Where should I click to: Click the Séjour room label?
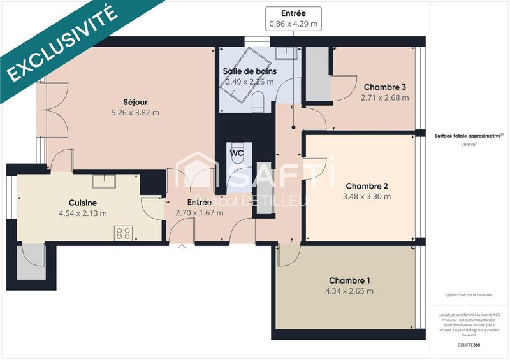click(x=135, y=102)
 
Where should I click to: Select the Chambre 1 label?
click(x=349, y=280)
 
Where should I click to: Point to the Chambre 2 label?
click(x=367, y=186)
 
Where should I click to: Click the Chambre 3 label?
click(x=384, y=87)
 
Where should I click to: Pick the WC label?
click(x=237, y=154)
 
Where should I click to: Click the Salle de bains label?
click(x=248, y=71)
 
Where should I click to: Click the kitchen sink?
click(x=103, y=181)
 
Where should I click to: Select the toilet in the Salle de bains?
click(x=259, y=100)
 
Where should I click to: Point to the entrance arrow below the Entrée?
click(x=183, y=248)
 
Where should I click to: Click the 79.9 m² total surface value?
click(x=469, y=145)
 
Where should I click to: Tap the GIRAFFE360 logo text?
click(x=469, y=343)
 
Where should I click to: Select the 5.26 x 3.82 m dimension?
click(x=135, y=113)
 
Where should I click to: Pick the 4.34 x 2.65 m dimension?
click(x=349, y=291)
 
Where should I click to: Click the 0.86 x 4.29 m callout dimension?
click(x=293, y=24)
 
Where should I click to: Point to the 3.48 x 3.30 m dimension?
click(x=367, y=197)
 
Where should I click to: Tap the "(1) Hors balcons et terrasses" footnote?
click(x=469, y=294)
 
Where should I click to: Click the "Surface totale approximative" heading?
click(x=469, y=136)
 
